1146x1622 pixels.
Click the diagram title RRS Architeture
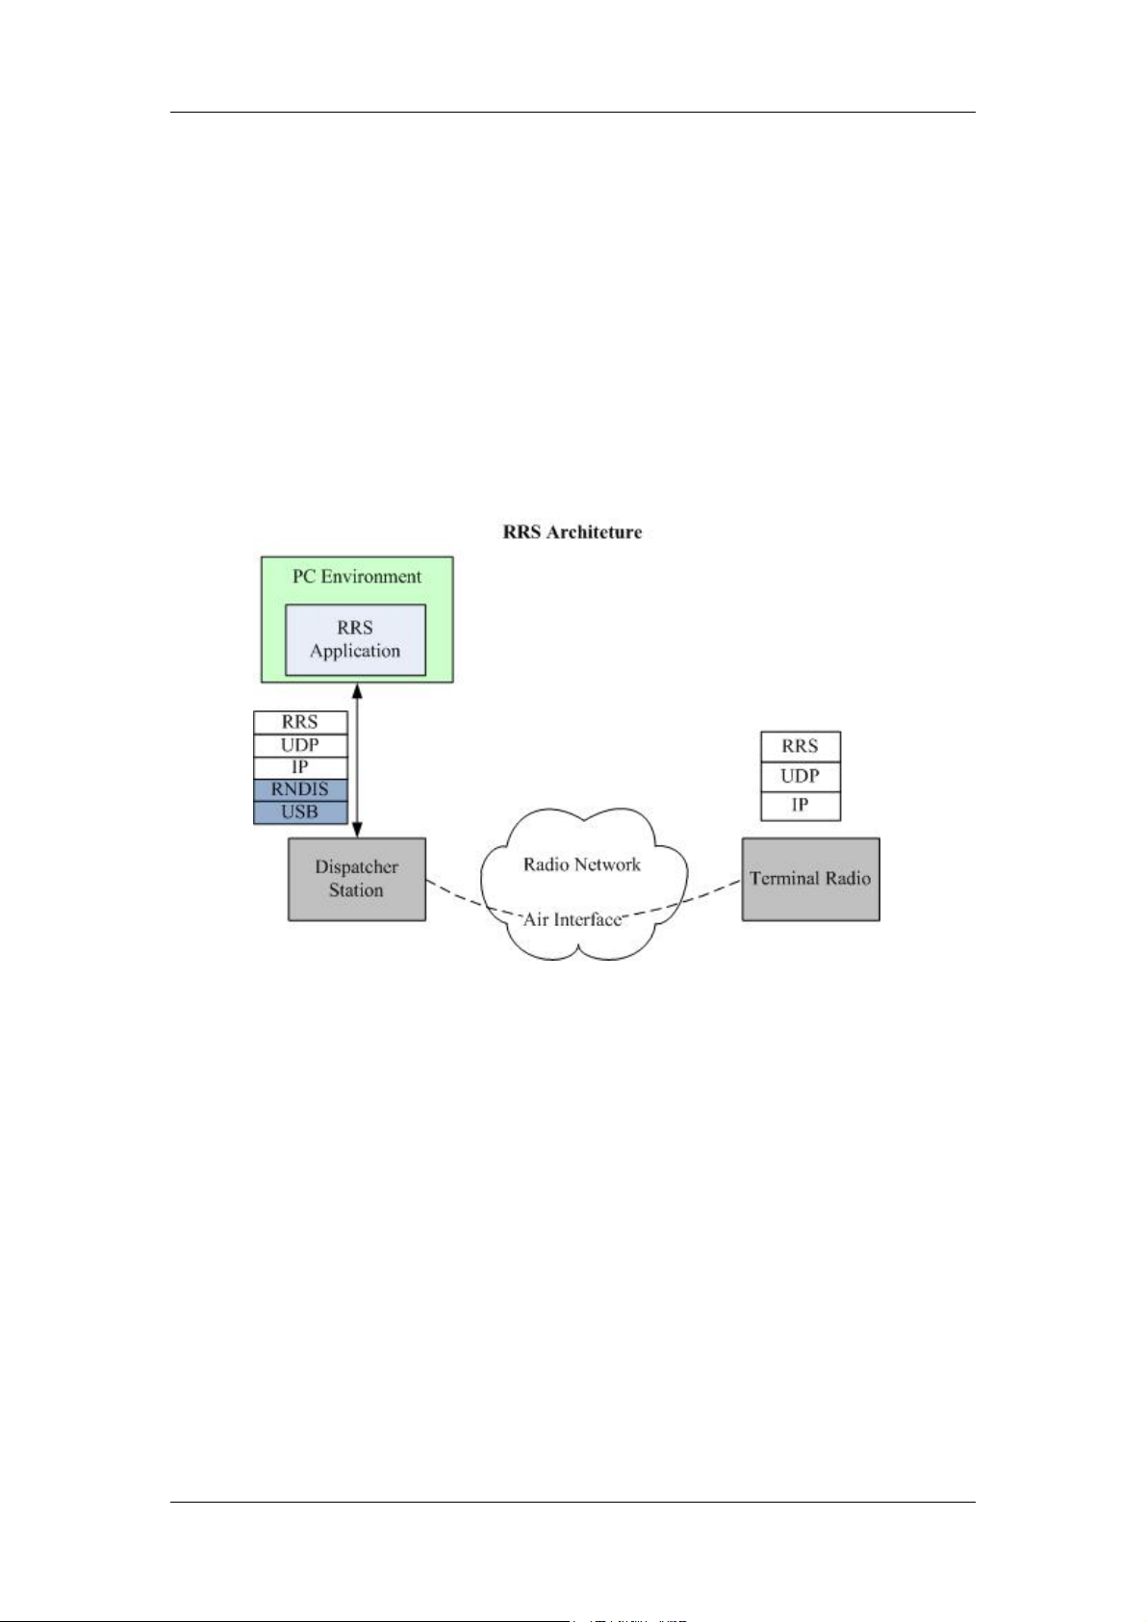pos(572,532)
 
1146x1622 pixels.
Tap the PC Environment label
pos(356,577)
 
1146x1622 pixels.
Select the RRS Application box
pos(355,640)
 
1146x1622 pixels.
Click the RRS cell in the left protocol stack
pos(300,723)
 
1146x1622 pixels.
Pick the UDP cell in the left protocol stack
pos(300,745)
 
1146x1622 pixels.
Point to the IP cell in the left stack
pos(300,767)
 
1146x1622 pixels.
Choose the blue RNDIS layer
pos(300,790)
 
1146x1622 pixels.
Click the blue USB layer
pos(300,812)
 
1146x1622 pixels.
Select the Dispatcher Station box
pos(357,879)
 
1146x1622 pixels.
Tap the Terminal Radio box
pos(811,879)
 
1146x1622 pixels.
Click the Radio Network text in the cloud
pos(582,864)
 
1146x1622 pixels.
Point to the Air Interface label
pos(572,919)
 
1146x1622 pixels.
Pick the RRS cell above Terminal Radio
pos(801,747)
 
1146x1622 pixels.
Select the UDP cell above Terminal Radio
pos(801,776)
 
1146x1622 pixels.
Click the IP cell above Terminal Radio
pos(801,806)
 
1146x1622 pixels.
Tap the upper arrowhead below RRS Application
pos(357,689)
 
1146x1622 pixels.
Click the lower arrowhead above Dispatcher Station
pos(357,830)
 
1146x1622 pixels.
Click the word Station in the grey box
pos(356,889)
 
